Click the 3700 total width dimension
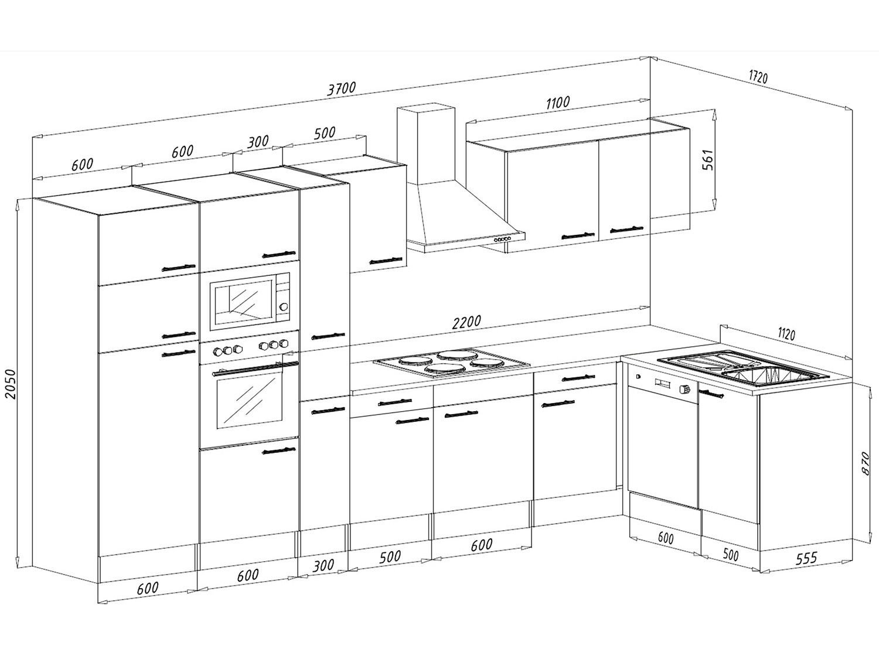click(342, 89)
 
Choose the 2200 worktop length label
click(466, 322)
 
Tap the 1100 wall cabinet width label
click(557, 103)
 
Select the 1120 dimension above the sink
click(786, 334)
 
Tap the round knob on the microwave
click(284, 306)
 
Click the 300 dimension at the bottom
click(323, 565)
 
